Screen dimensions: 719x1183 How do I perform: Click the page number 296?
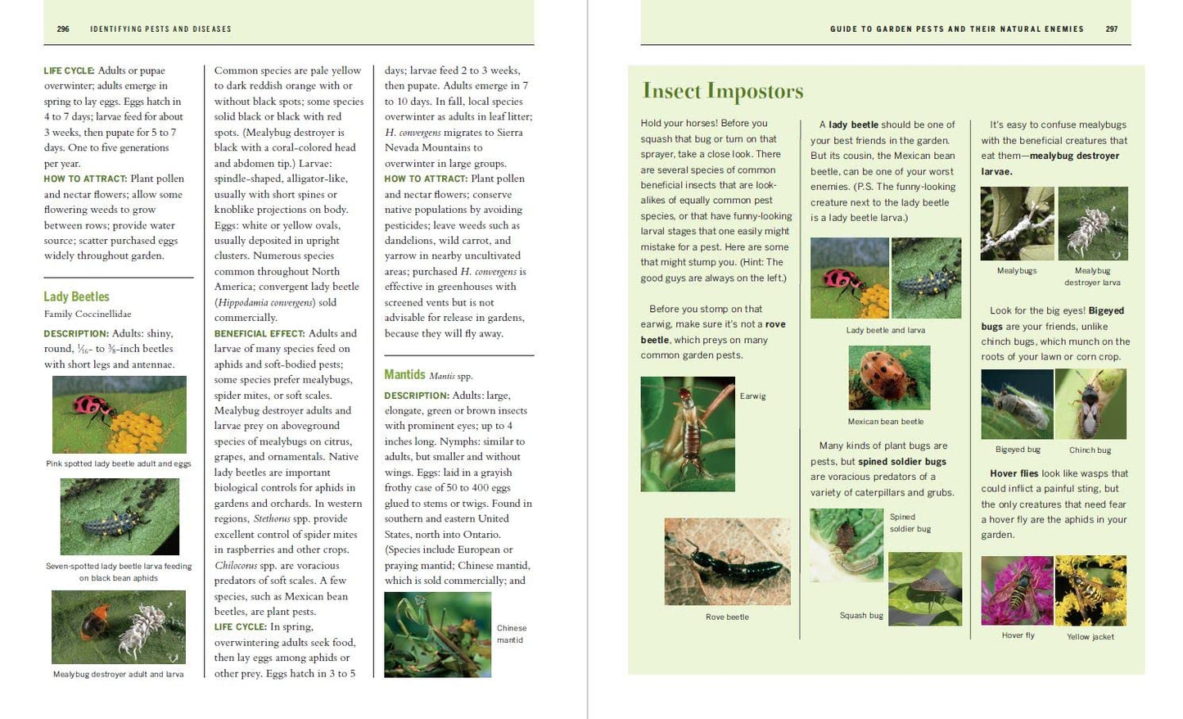click(x=63, y=29)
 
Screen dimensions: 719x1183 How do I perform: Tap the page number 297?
click(x=1111, y=29)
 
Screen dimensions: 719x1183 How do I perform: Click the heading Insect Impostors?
click(x=723, y=91)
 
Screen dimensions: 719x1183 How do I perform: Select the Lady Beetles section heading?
click(x=76, y=296)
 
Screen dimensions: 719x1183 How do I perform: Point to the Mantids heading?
click(x=404, y=374)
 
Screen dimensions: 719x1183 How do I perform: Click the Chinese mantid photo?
click(x=437, y=635)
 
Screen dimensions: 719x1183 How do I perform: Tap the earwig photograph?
click(x=687, y=433)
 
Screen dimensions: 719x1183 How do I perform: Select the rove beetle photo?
click(x=727, y=561)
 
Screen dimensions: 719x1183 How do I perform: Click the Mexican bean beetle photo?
click(x=888, y=378)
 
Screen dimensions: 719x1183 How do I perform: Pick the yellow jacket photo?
click(x=1090, y=590)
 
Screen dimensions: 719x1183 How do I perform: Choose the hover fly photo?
click(x=1017, y=590)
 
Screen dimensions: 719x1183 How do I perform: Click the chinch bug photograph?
click(x=1090, y=404)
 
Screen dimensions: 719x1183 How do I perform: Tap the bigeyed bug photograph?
click(x=1017, y=404)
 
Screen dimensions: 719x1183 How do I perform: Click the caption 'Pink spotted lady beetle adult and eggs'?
click(x=119, y=464)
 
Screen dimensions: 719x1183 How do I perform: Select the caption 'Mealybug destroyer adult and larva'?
click(x=119, y=674)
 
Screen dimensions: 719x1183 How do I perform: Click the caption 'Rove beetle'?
click(x=727, y=617)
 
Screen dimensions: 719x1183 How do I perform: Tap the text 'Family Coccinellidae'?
click(x=88, y=314)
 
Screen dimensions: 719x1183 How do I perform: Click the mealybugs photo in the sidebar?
click(x=1016, y=223)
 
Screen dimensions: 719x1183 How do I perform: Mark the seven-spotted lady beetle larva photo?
click(x=120, y=517)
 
